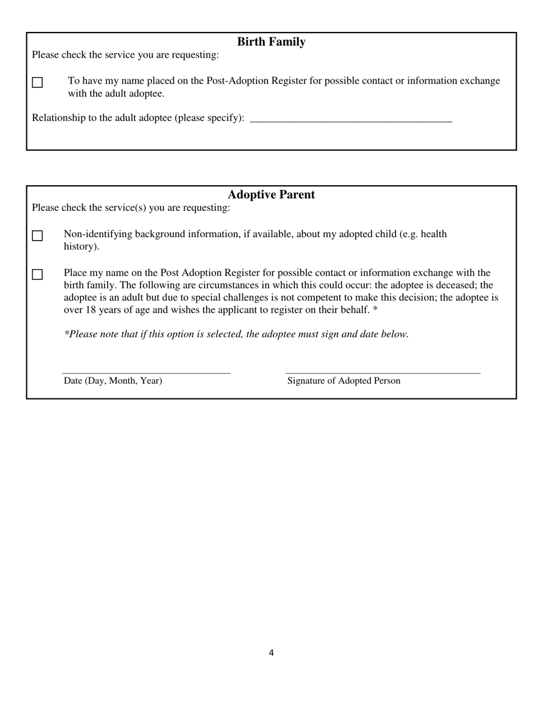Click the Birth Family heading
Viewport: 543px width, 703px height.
pos(271,42)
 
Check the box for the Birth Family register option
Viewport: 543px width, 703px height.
pos(37,82)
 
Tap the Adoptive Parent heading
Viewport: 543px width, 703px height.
pos(271,194)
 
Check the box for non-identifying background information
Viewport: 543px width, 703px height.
pos(37,235)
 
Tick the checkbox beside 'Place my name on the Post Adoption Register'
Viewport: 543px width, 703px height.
pos(37,274)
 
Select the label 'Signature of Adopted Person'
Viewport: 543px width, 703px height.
pos(344,381)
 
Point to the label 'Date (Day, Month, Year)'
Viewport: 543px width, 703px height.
pos(113,381)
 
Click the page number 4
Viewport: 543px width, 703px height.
pos(271,653)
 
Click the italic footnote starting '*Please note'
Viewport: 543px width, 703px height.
pos(236,334)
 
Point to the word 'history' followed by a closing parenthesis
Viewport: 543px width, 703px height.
pos(80,246)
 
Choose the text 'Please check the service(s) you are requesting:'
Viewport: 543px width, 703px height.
pos(131,207)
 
